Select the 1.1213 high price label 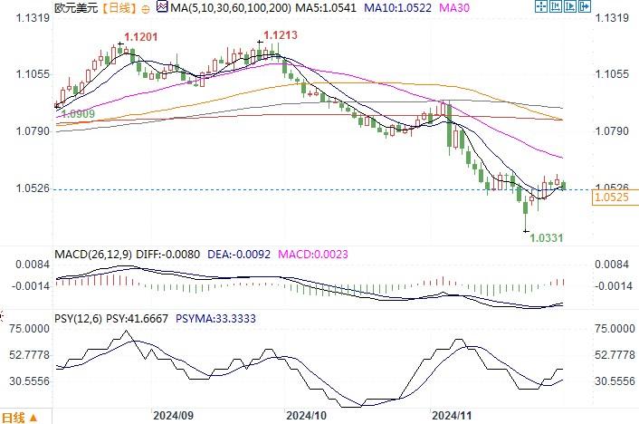click(279, 36)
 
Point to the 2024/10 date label click(305, 415)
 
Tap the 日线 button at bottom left click(14, 417)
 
